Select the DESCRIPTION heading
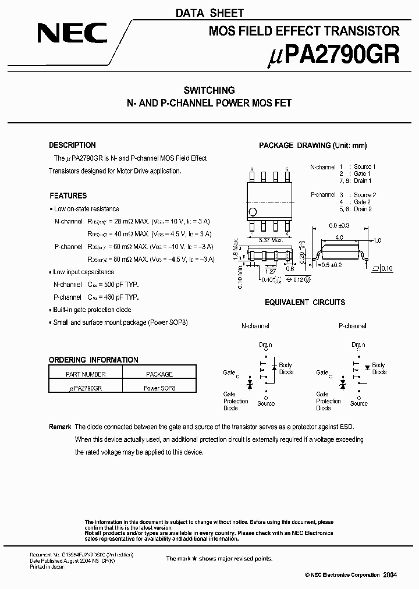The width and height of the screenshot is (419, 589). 72,145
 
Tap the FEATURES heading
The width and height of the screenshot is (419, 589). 68,196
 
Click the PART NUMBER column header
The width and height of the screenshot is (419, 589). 86,374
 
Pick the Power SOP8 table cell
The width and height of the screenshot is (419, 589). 159,386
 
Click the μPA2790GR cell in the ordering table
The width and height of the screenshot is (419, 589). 86,386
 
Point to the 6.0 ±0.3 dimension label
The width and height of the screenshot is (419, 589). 338,225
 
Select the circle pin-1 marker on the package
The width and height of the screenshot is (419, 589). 252,212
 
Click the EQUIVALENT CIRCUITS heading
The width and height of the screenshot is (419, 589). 304,302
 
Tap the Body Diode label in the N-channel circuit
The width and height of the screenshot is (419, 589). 286,368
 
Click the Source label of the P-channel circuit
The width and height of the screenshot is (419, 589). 359,403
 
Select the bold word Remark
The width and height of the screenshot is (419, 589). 60,427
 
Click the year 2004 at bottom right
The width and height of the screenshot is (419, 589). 390,574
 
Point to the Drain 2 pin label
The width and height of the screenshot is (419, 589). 362,209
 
